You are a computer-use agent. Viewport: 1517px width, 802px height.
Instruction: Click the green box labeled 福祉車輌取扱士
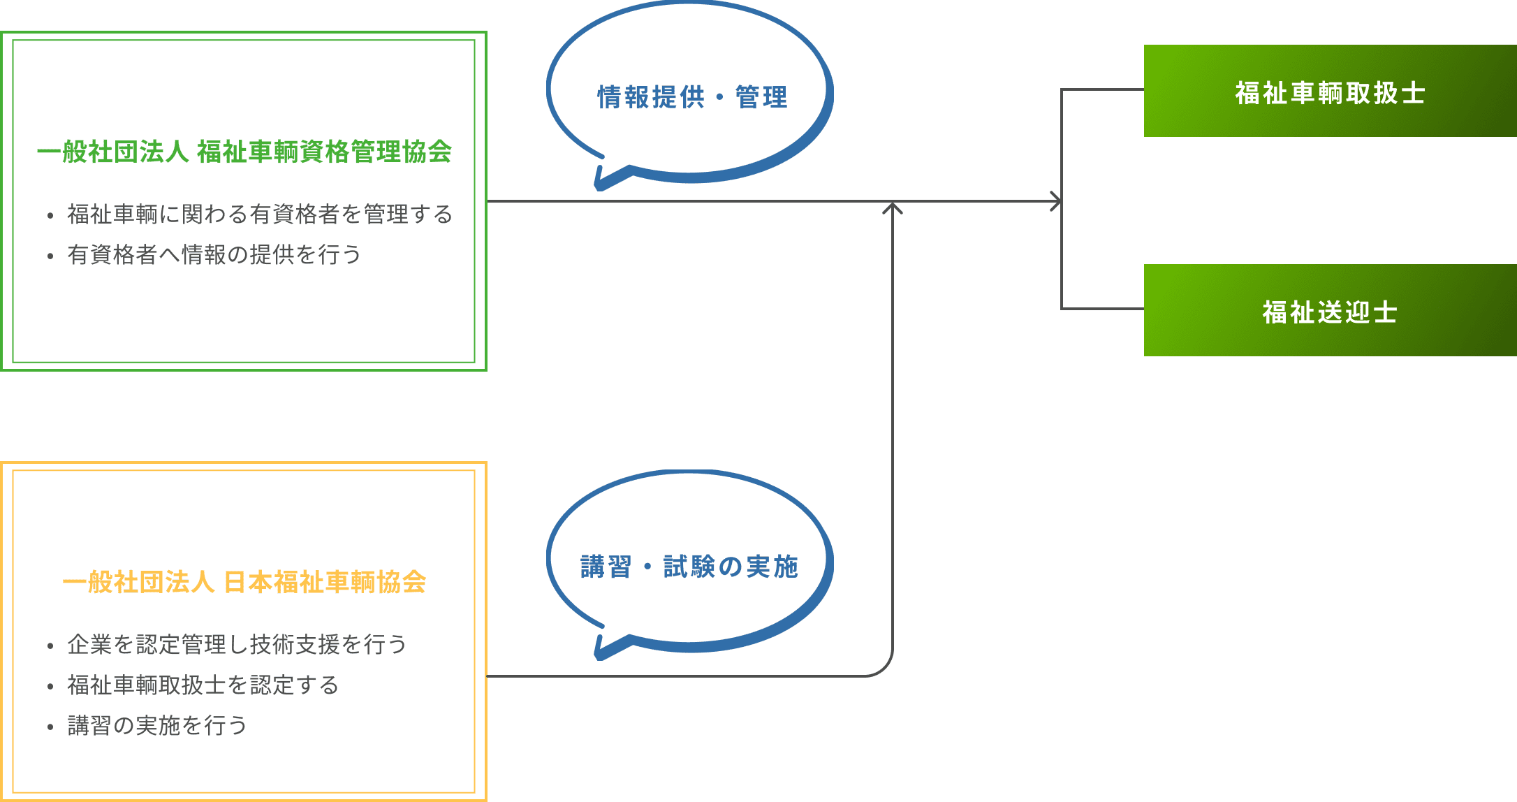tap(1330, 91)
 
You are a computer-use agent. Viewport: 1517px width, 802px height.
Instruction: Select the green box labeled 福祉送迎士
tap(1330, 310)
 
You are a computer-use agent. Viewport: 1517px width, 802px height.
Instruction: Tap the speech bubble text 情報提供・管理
tap(692, 98)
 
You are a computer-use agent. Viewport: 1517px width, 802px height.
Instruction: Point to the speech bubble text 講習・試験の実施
tap(689, 567)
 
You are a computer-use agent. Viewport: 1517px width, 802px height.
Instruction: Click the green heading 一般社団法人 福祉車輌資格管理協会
tap(244, 152)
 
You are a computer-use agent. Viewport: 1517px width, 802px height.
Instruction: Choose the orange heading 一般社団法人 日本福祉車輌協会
tap(244, 582)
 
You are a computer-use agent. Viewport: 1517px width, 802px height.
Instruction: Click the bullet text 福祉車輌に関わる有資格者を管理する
tap(260, 214)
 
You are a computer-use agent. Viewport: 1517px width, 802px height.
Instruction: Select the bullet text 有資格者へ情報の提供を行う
tap(214, 254)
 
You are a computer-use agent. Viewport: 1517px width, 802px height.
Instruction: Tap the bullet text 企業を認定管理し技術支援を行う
tap(237, 644)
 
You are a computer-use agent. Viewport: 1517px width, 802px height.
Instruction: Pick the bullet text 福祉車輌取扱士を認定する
tap(203, 685)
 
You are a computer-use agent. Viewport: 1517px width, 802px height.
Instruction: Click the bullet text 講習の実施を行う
tap(157, 725)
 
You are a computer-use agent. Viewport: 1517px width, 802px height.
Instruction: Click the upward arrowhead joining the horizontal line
tap(893, 207)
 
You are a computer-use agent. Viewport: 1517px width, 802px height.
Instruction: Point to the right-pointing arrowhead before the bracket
tap(1057, 201)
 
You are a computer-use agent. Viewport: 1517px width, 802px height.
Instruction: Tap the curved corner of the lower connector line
tap(883, 666)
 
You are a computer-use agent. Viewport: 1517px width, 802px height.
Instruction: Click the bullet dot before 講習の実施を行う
tap(50, 727)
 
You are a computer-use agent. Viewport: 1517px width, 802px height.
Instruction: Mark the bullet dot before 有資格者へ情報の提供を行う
tap(50, 256)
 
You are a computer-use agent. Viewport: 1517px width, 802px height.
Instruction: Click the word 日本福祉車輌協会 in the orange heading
tap(325, 582)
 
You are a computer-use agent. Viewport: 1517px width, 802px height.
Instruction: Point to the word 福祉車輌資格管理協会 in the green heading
tap(324, 152)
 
